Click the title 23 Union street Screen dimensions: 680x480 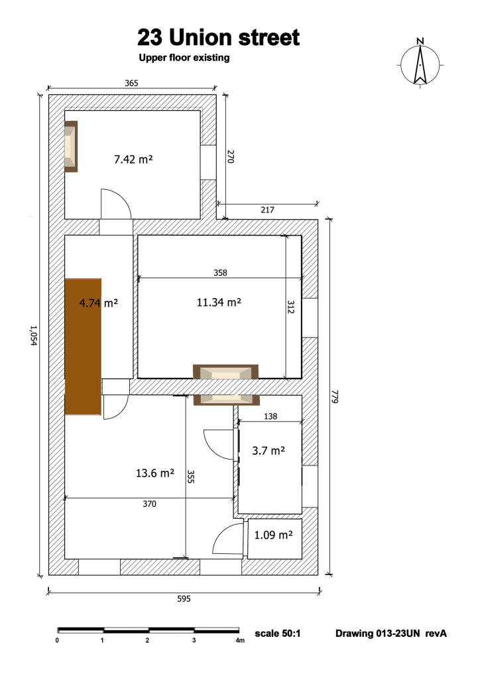coord(218,37)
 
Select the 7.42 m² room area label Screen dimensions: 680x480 coord(134,159)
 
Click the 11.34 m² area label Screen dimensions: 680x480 coord(219,303)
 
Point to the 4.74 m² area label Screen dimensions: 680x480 coord(98,303)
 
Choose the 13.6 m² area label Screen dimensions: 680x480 coord(155,473)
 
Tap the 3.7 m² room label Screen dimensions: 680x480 coord(269,450)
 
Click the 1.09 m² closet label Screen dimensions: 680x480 coord(274,535)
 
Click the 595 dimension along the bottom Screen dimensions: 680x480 coord(184,598)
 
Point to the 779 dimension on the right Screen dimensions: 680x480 coord(335,398)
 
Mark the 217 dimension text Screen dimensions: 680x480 coord(267,210)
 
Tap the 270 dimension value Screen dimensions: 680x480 coord(231,157)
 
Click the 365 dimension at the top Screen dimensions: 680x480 coord(131,83)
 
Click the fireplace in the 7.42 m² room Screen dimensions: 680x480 coord(71,146)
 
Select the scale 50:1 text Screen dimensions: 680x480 coord(278,634)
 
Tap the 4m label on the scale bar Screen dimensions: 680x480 coord(240,641)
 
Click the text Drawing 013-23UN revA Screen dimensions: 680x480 coord(391,634)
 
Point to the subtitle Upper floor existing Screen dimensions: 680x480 coord(184,58)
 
